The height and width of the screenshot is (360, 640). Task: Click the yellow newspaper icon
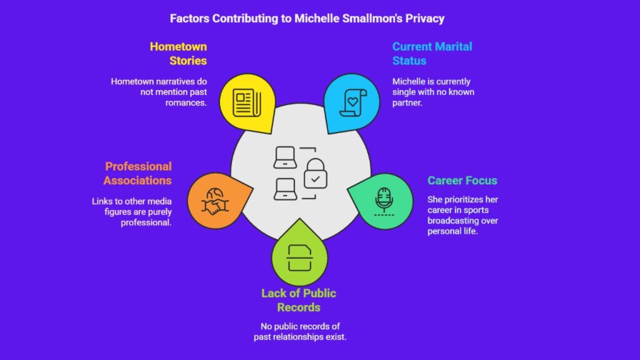click(x=247, y=102)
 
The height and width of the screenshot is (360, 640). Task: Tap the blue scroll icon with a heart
click(x=352, y=102)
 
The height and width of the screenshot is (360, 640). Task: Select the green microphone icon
click(x=384, y=201)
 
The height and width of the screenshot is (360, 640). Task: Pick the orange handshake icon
click(x=215, y=202)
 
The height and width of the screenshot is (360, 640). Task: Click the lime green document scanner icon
click(x=299, y=258)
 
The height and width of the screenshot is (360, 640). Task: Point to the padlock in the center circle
click(x=315, y=174)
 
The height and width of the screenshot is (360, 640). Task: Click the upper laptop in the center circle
click(x=285, y=157)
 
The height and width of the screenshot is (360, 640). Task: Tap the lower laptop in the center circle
click(x=285, y=189)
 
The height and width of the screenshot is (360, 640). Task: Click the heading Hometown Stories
click(x=178, y=54)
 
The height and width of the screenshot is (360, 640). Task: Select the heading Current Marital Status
click(x=432, y=54)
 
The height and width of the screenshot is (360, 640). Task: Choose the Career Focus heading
click(x=462, y=181)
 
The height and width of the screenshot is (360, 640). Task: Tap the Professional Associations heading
click(x=137, y=173)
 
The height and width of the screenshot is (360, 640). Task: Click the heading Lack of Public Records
click(x=299, y=300)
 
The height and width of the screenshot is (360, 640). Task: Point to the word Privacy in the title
click(x=424, y=19)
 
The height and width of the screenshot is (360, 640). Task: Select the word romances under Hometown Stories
click(x=186, y=103)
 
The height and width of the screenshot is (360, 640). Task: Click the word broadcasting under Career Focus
click(x=463, y=221)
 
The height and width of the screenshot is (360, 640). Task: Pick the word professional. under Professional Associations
click(x=146, y=223)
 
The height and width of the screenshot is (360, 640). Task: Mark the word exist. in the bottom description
click(x=336, y=337)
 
